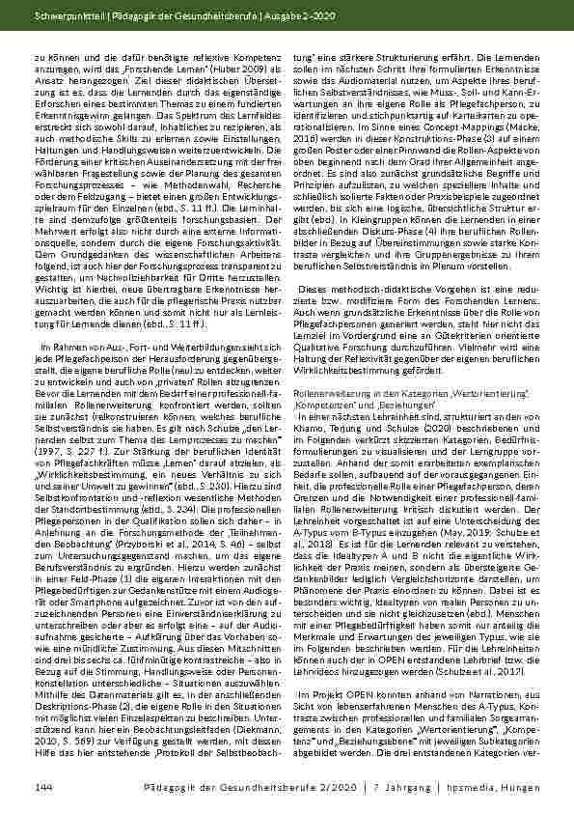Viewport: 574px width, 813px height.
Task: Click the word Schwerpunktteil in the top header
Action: click(x=60, y=16)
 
